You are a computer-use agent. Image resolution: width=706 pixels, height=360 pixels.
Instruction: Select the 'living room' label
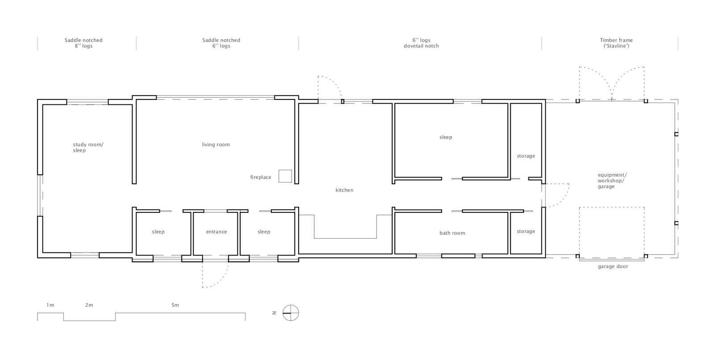click(216, 145)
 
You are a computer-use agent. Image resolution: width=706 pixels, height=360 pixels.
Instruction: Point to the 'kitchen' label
click(344, 190)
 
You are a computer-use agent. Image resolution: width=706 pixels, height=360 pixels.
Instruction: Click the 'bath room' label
click(452, 233)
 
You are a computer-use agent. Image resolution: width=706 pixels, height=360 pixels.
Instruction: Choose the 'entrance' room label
click(216, 232)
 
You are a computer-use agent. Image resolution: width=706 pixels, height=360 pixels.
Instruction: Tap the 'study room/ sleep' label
click(88, 147)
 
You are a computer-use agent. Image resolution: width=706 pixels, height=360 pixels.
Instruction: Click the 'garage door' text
click(613, 266)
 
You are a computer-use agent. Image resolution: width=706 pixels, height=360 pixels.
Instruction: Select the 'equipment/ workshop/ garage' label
click(612, 181)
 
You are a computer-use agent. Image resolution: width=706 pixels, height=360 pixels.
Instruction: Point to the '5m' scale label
click(175, 305)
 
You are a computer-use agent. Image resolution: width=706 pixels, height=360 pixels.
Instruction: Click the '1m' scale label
click(50, 305)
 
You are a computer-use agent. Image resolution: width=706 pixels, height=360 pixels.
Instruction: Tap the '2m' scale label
click(89, 305)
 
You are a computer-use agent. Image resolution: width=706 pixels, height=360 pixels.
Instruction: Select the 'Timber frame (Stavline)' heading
click(616, 43)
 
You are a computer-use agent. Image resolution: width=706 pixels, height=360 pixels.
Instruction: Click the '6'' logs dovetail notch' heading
click(421, 43)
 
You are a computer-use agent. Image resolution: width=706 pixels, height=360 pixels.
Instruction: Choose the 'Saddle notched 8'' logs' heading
click(83, 43)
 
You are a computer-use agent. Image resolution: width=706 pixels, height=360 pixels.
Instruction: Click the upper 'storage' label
click(526, 156)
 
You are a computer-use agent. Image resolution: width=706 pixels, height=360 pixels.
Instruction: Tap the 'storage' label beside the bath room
click(526, 231)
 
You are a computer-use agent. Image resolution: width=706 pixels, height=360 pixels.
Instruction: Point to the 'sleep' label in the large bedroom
click(446, 137)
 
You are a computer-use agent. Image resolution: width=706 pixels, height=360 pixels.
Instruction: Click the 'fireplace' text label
click(261, 177)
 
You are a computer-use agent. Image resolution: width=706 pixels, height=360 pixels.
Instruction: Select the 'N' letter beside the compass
click(274, 313)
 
